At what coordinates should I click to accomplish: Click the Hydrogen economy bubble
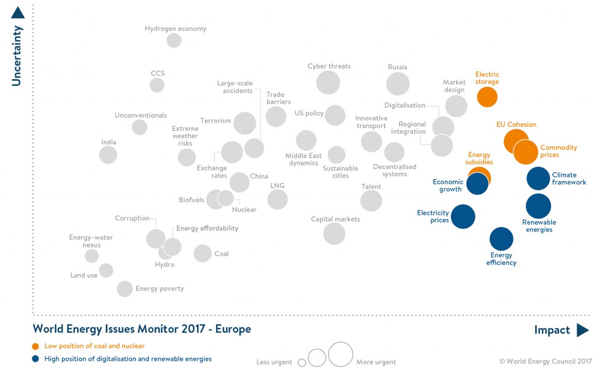[174, 40]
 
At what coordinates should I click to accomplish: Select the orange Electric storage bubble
[487, 97]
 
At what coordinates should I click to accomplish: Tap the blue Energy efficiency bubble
[501, 239]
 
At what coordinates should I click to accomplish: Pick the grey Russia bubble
[398, 84]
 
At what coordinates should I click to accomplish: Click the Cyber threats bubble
[328, 83]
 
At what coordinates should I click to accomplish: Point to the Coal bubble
[202, 253]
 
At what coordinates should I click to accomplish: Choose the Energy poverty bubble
[125, 289]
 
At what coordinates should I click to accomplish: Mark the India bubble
[108, 155]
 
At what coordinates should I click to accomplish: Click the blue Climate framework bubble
[538, 179]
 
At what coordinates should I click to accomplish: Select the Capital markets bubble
[334, 233]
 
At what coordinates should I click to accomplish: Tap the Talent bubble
[371, 201]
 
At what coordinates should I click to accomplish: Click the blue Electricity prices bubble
[463, 216]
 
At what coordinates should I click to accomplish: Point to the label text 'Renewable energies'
[539, 226]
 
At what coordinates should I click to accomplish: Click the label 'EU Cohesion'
[516, 124]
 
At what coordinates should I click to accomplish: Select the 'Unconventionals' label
[141, 115]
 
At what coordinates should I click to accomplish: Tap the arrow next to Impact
[582, 330]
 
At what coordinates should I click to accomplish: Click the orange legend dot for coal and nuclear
[37, 346]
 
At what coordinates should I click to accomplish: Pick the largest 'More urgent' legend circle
[340, 354]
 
